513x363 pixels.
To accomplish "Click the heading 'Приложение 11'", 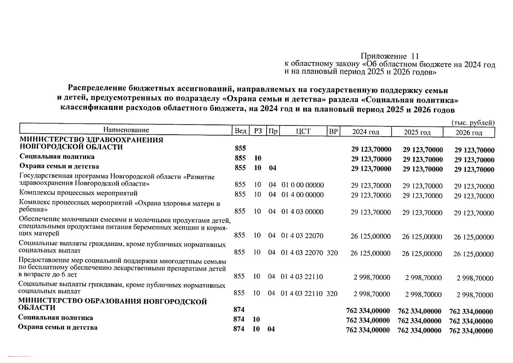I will [390, 56].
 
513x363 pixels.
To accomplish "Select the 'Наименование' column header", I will [126, 130].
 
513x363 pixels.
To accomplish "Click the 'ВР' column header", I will [333, 131].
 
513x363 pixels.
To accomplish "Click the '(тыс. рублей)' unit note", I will [473, 123].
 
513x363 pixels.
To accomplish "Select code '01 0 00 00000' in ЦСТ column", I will [302, 185].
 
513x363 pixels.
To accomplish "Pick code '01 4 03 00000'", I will [302, 212].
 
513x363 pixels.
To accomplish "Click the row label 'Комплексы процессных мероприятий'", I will [78, 193].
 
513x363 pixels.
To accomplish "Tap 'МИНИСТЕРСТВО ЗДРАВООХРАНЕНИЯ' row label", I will [91, 140].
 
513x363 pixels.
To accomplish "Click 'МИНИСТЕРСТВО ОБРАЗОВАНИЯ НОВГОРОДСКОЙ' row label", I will [113, 302].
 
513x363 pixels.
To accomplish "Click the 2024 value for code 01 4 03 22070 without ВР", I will [370, 236].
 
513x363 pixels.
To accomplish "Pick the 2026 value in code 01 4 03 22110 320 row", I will [475, 295].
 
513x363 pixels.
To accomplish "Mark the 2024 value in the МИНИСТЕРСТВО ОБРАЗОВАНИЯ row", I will [368, 311].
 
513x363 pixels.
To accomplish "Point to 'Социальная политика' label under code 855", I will [57, 157].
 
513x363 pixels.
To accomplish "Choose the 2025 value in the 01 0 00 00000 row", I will [422, 186].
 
